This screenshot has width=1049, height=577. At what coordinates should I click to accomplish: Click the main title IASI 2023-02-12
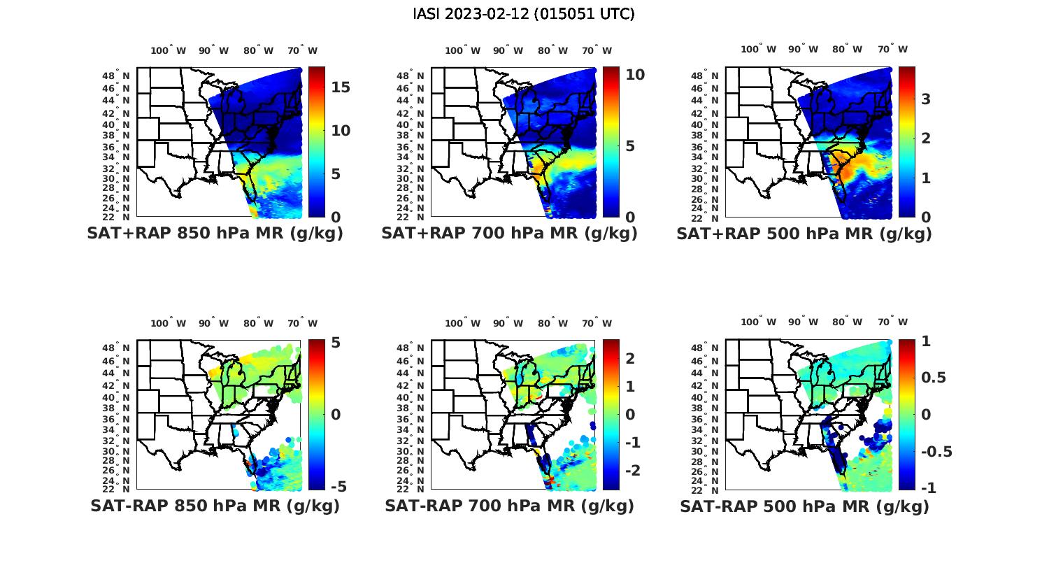(524, 14)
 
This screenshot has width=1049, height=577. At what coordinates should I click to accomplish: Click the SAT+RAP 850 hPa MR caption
(215, 234)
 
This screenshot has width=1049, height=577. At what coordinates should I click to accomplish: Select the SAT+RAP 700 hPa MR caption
(509, 234)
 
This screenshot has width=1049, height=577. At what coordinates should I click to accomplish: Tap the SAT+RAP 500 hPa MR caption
(804, 234)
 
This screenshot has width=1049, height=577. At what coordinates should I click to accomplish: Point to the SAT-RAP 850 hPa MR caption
(215, 506)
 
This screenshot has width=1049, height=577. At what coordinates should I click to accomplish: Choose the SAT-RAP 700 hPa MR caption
(509, 506)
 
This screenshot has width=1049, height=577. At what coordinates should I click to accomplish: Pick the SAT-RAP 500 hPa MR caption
(804, 506)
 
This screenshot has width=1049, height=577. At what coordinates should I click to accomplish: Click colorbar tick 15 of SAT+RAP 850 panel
(341, 87)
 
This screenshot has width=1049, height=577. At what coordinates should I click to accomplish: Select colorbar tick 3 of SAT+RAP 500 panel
(926, 99)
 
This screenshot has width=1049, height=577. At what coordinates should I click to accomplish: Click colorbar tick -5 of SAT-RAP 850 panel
(338, 486)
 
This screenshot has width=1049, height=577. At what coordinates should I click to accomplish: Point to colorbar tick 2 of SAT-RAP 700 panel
(630, 358)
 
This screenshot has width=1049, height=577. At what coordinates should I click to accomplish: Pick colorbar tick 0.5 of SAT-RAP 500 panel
(934, 378)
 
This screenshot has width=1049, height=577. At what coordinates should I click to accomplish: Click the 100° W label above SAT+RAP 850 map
(169, 50)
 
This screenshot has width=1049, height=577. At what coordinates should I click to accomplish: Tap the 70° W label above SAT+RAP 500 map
(892, 49)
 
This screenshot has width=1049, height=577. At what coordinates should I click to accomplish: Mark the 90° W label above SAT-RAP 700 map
(508, 323)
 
